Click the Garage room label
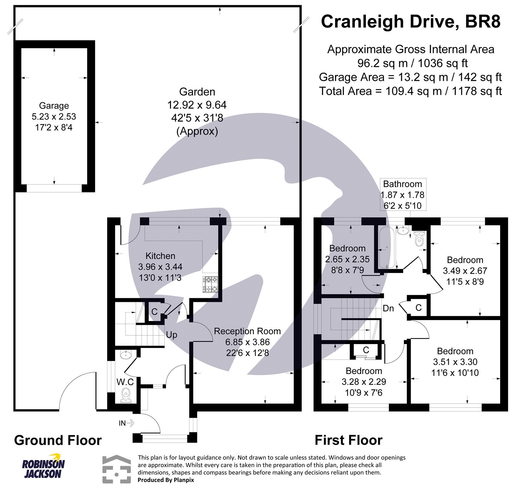pyautogui.click(x=54, y=106)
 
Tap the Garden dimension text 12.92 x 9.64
pyautogui.click(x=197, y=105)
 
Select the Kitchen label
pyautogui.click(x=160, y=256)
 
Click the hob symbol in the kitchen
pyautogui.click(x=210, y=284)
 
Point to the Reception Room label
pyautogui.click(x=247, y=331)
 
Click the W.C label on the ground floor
pyautogui.click(x=125, y=382)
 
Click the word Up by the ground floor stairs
pyautogui.click(x=171, y=335)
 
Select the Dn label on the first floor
pyautogui.click(x=388, y=308)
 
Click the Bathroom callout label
pyautogui.click(x=403, y=184)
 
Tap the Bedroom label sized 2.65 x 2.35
pyautogui.click(x=347, y=248)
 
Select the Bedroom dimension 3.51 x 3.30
pyautogui.click(x=455, y=362)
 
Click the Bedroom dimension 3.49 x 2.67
pyautogui.click(x=465, y=271)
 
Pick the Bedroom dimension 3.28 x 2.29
pyautogui.click(x=364, y=382)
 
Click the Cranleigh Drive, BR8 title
pyautogui.click(x=410, y=22)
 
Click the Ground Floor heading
pyautogui.click(x=58, y=440)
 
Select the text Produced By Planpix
pyautogui.click(x=166, y=480)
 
